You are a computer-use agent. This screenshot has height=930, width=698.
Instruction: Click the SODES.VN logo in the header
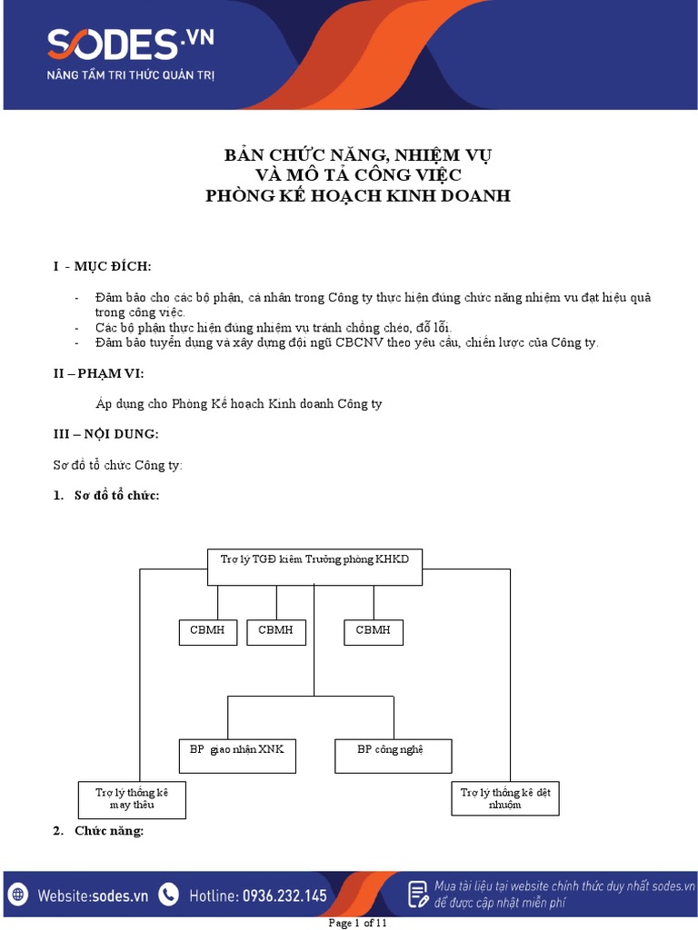131,43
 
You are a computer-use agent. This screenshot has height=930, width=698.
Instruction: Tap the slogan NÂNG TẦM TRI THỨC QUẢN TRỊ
131,74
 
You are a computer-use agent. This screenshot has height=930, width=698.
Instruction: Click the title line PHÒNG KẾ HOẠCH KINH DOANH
358,195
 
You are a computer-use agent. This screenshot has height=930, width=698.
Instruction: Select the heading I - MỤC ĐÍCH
103,266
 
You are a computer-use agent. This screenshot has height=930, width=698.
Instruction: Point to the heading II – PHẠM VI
98,373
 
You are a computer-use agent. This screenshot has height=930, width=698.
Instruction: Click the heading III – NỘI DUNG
105,434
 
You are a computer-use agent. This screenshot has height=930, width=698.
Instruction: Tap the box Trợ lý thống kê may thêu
132,798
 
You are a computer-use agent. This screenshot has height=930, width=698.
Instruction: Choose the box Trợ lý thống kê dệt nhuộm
505,798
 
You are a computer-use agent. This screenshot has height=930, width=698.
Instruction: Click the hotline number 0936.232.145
284,895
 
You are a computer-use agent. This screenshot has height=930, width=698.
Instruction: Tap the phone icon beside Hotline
168,895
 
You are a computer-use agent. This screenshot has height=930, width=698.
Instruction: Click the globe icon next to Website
19,895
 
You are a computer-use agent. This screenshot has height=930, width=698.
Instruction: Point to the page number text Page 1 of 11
357,924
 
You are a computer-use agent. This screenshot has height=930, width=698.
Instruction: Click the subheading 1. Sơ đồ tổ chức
106,495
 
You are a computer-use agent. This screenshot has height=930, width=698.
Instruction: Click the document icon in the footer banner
417,894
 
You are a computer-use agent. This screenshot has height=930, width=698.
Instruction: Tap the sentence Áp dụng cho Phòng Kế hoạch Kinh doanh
239,404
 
